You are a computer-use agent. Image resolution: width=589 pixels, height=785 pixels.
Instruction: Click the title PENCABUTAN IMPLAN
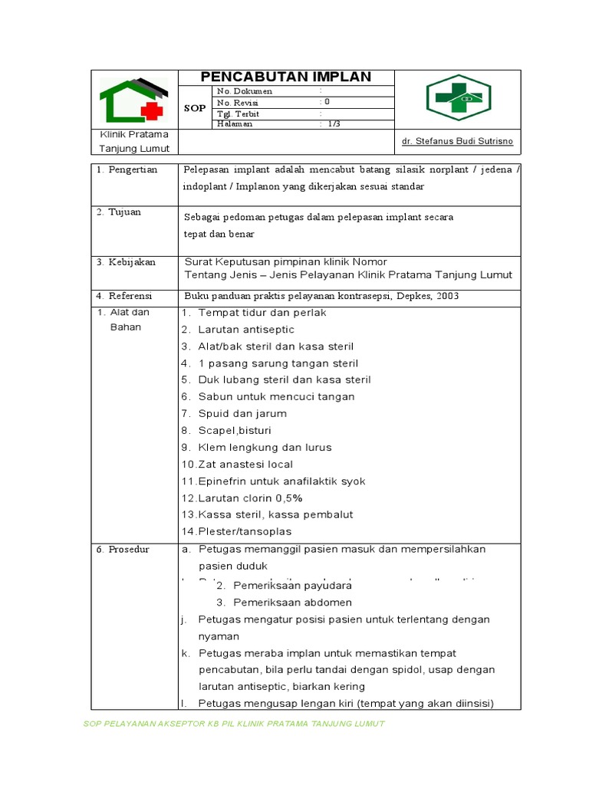pyautogui.click(x=286, y=77)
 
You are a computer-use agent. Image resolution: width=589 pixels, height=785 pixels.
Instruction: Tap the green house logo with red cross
pyautogui.click(x=133, y=100)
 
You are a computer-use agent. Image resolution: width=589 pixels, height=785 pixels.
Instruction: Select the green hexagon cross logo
pyautogui.click(x=458, y=98)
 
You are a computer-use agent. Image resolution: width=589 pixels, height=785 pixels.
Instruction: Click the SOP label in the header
pyautogui.click(x=195, y=108)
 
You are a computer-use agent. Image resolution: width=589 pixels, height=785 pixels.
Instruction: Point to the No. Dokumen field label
pyautogui.click(x=245, y=90)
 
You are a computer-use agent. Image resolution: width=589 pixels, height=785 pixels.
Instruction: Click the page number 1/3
pyautogui.click(x=334, y=123)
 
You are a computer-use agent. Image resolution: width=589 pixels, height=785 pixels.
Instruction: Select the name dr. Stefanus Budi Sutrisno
pyautogui.click(x=457, y=142)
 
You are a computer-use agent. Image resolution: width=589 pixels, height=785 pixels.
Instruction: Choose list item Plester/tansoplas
pyautogui.click(x=237, y=532)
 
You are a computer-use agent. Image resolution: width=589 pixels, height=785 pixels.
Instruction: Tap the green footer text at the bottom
pyautogui.click(x=233, y=724)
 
